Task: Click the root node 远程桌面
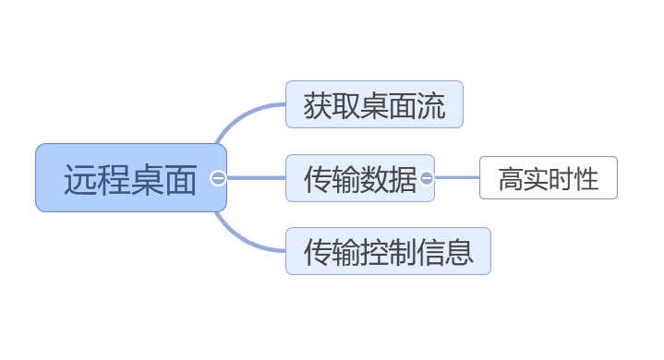pos(130,178)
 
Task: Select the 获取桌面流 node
pos(373,104)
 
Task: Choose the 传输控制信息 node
pos(387,251)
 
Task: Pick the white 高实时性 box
pos(548,178)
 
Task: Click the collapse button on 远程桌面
pos(218,178)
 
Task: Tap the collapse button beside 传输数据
pos(427,178)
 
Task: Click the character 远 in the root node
pos(80,179)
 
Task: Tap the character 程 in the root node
pos(114,179)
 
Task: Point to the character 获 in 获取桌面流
pos(318,105)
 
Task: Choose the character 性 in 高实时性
pos(586,179)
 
